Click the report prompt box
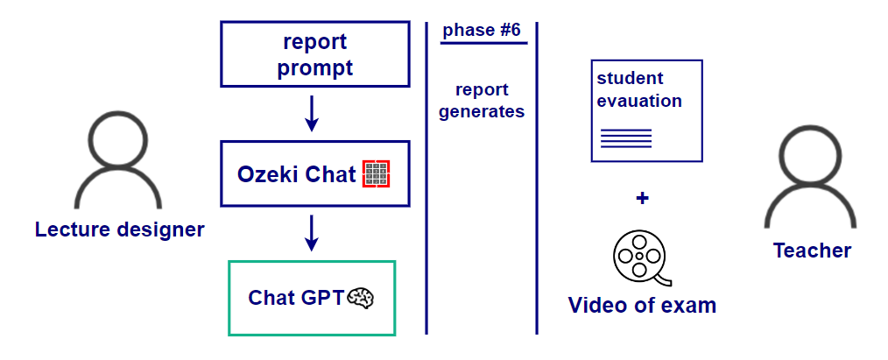pos(315,55)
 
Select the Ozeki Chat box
pos(315,173)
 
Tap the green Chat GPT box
pos(312,298)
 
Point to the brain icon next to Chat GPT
pos(362,298)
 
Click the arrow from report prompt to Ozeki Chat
pos(312,115)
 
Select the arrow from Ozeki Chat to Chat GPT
pos(312,233)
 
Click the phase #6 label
pos(482,31)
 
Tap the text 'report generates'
pos(482,101)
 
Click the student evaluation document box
pos(646,110)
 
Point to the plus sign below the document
pos(642,199)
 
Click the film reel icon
pos(639,257)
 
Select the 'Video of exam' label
pos(642,306)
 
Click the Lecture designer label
pos(119,230)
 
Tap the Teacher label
pos(812,251)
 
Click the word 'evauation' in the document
pos(639,101)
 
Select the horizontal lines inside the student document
pos(626,138)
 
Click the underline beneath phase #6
pos(483,43)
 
